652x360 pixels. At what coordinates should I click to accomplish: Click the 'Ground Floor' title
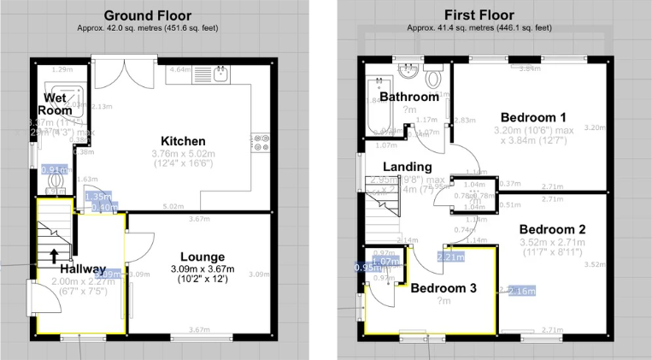[x=148, y=15]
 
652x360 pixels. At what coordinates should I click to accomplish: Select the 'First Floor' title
[x=479, y=15]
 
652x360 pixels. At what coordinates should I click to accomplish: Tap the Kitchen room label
[x=183, y=141]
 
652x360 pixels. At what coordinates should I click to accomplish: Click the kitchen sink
[x=220, y=74]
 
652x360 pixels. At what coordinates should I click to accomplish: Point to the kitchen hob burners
[x=257, y=143]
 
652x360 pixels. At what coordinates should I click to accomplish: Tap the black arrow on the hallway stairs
[x=55, y=255]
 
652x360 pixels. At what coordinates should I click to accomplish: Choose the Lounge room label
[x=203, y=257]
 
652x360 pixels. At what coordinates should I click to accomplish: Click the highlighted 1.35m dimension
[x=97, y=197]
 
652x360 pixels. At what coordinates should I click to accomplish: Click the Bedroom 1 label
[x=532, y=117]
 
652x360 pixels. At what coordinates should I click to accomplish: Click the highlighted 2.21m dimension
[x=451, y=256]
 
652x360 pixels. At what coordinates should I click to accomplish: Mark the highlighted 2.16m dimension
[x=521, y=291]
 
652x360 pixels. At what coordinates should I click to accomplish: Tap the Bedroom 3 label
[x=443, y=288]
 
